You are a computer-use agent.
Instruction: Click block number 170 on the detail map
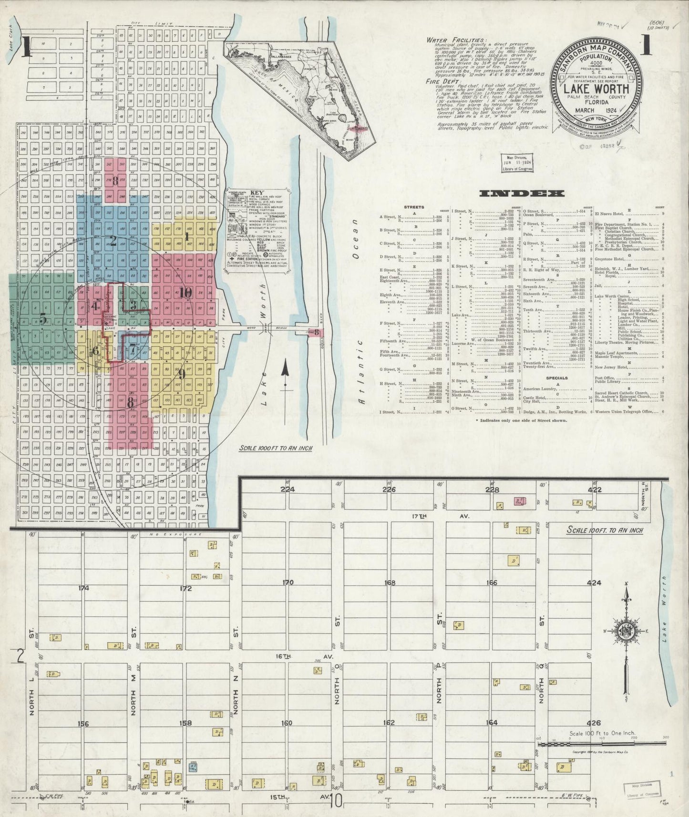click(x=288, y=582)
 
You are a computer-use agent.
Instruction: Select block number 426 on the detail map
click(x=595, y=722)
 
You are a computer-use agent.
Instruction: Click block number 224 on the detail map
click(x=288, y=489)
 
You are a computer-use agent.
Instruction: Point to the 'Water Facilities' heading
click(x=457, y=41)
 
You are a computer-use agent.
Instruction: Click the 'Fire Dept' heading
click(x=440, y=81)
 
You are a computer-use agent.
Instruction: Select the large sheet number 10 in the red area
click(x=185, y=293)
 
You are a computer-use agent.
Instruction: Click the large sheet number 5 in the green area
click(x=43, y=320)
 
